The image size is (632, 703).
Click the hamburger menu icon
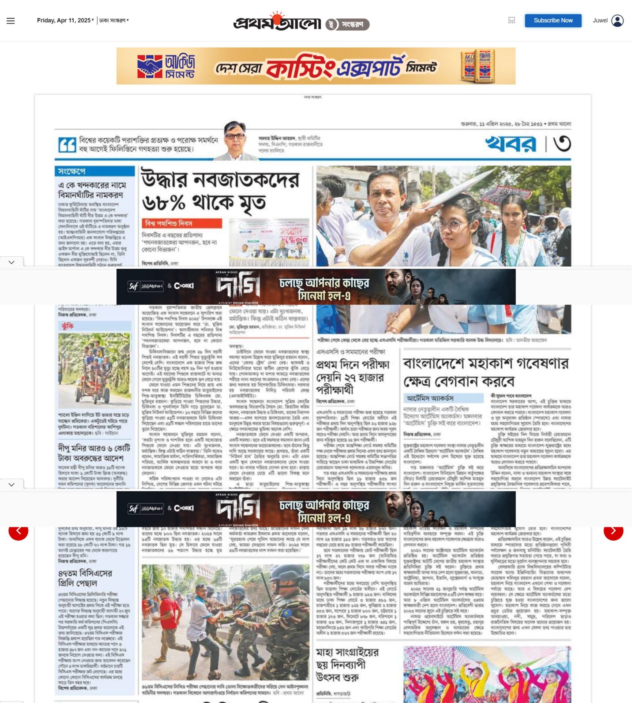(11, 21)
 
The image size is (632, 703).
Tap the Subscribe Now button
(553, 21)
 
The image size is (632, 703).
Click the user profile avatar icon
(617, 21)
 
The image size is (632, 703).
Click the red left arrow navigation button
(18, 531)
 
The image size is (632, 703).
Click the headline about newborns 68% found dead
(220, 191)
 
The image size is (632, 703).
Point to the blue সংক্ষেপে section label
(72, 171)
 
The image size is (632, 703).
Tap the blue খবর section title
(511, 144)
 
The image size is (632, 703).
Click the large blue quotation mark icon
(67, 145)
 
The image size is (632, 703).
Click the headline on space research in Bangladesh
(485, 372)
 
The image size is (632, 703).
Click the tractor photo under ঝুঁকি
(95, 369)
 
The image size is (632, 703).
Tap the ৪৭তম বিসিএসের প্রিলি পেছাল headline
(85, 577)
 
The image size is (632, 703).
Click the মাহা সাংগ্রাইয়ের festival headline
(347, 664)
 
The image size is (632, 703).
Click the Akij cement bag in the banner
(478, 66)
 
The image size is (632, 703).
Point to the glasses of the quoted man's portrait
(235, 136)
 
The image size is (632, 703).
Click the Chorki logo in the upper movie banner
(184, 286)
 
